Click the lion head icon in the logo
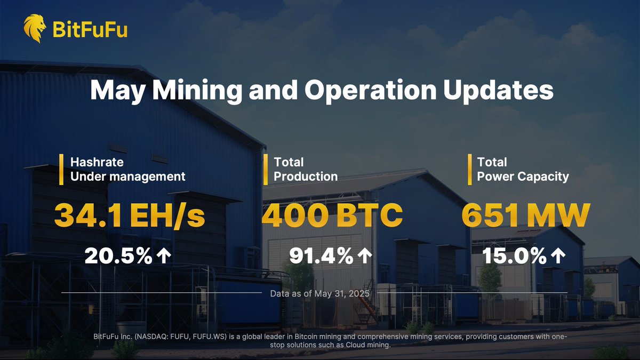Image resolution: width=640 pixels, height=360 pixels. (x=35, y=28)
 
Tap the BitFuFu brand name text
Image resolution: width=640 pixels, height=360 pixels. (x=90, y=29)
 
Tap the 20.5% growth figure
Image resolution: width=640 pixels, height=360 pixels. (x=118, y=257)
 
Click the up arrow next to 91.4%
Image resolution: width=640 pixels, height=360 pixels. (x=364, y=257)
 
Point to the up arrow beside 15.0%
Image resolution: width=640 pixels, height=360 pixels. (x=558, y=257)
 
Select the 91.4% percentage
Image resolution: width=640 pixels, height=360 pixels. (x=321, y=257)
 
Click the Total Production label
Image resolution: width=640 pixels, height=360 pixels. (x=306, y=169)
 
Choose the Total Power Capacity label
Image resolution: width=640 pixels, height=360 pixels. (x=523, y=169)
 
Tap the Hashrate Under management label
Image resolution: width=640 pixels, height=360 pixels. (x=128, y=169)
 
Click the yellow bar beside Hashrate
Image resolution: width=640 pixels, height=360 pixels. (x=62, y=169)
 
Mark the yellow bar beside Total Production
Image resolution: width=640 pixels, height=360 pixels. (x=266, y=169)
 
